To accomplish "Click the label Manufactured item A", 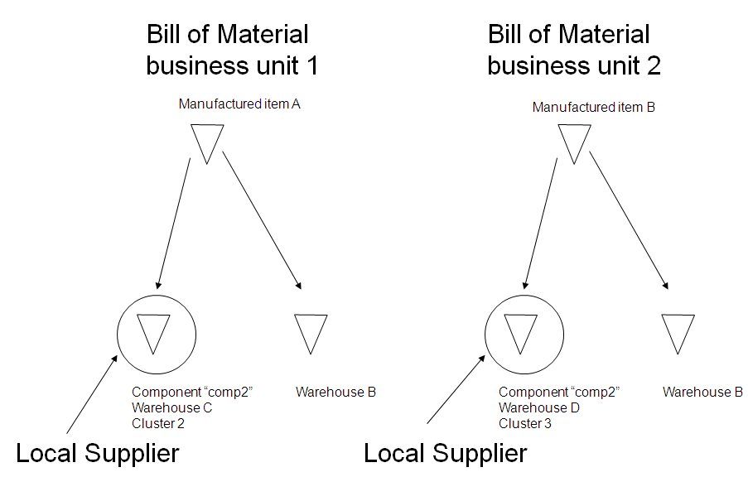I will (239, 104).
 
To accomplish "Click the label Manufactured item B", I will (594, 108).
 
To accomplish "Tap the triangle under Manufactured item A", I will (207, 141).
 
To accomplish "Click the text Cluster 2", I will (157, 424).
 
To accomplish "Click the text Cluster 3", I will (525, 424).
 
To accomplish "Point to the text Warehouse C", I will (172, 407).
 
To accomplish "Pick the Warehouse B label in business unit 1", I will (335, 392).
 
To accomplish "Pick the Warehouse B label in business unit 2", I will (702, 392).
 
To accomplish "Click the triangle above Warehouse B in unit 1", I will (311, 332).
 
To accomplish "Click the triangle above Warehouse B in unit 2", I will (678, 332).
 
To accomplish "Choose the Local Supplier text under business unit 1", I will (98, 453).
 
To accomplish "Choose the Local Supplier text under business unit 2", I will (446, 453).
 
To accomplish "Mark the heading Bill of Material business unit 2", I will (573, 50).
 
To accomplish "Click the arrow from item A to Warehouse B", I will (261, 219).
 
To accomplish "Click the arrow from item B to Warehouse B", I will (628, 219).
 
